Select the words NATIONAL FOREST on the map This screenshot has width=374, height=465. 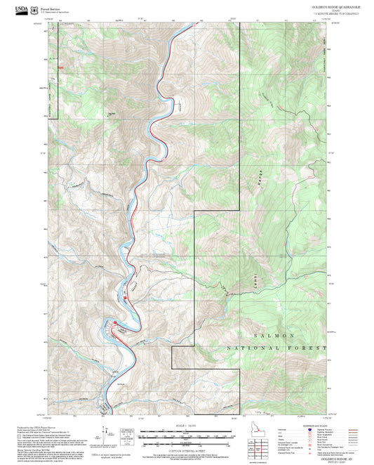point(276,348)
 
